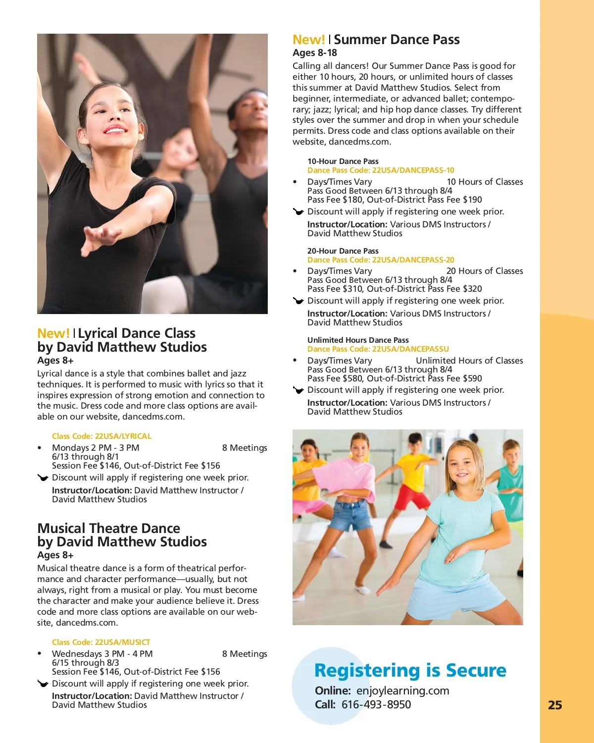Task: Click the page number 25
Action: click(555, 705)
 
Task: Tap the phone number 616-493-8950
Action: click(376, 704)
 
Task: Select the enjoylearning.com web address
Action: click(402, 690)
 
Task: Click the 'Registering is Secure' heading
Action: click(410, 670)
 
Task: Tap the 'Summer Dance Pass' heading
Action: click(397, 40)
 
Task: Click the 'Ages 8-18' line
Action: click(315, 53)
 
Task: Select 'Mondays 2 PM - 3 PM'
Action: click(96, 448)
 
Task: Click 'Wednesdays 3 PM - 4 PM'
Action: click(102, 654)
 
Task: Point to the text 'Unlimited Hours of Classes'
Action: click(469, 361)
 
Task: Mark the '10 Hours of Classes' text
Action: click(485, 182)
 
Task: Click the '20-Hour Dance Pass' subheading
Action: click(343, 251)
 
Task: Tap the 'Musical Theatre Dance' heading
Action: click(109, 528)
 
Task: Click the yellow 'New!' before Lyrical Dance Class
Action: click(53, 333)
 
